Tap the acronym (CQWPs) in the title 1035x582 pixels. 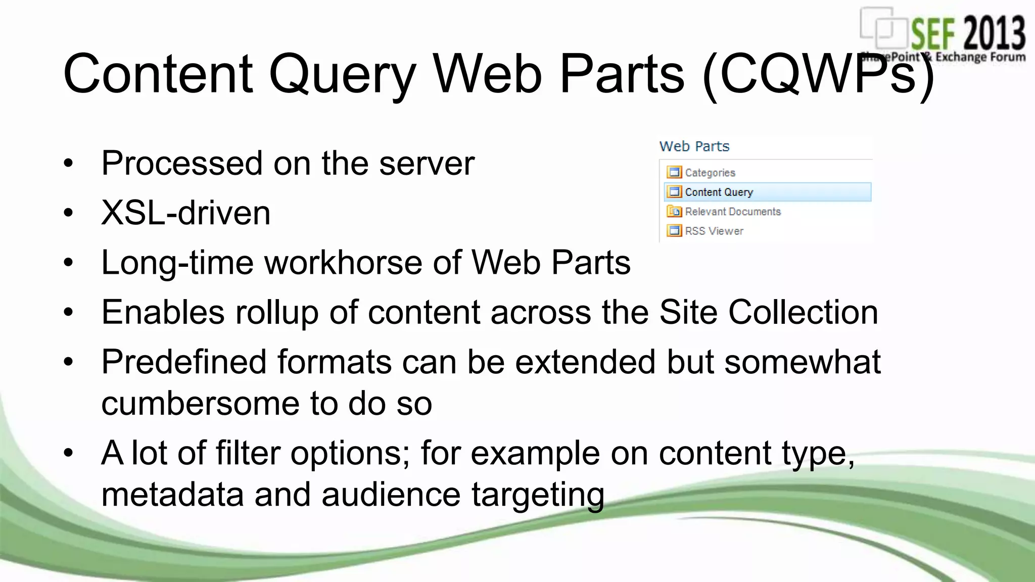coord(818,75)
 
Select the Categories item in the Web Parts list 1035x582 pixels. coord(710,173)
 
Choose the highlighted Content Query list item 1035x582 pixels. coord(719,192)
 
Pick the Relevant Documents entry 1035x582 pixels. coord(732,212)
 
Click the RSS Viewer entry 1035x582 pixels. coord(714,231)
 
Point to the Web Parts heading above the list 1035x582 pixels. coord(694,147)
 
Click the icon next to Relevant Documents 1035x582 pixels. coord(674,212)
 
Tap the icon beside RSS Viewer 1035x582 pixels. coord(674,231)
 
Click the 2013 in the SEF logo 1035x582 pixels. coord(994,33)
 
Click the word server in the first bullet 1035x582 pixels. coord(427,164)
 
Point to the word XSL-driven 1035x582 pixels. coord(185,213)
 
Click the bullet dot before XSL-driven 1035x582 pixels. coord(68,213)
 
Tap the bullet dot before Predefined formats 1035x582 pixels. coord(68,362)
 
